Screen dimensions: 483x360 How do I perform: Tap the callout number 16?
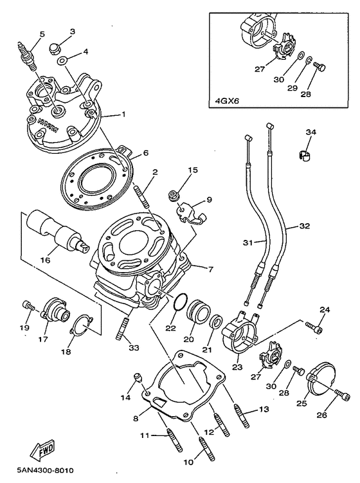tap(44, 260)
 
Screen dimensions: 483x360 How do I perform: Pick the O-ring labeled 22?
tap(182, 302)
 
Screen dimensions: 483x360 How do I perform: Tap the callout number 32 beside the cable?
tap(304, 226)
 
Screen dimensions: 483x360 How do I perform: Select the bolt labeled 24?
tap(314, 329)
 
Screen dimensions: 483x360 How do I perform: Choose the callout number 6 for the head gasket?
tap(145, 152)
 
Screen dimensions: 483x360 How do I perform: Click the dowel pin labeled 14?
tap(136, 376)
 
